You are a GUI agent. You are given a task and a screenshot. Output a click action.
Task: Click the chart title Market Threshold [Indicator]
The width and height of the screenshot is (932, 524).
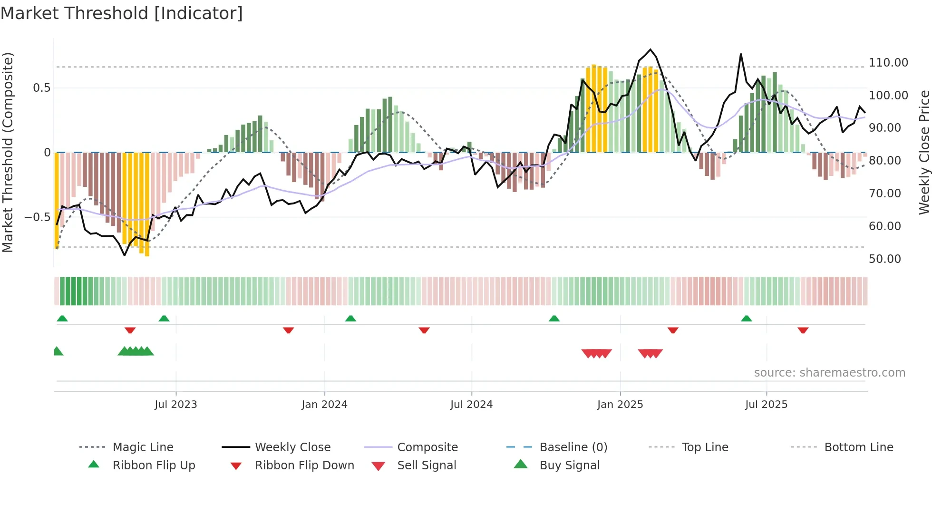(x=122, y=13)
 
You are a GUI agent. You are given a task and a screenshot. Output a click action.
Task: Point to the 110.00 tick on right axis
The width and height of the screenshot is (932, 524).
(x=888, y=63)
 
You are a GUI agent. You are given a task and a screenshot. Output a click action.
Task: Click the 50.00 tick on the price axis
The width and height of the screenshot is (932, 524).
(x=884, y=259)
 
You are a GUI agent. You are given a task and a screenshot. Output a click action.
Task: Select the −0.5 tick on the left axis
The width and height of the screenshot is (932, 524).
(x=37, y=217)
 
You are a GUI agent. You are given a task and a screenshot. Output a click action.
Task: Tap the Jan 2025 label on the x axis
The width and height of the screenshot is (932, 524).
(x=620, y=405)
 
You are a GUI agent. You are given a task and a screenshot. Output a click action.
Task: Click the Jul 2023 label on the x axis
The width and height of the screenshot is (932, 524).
(x=175, y=405)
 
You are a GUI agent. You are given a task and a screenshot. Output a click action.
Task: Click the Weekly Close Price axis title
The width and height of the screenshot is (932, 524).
(x=924, y=152)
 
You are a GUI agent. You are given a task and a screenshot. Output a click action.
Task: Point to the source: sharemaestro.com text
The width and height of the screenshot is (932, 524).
(x=829, y=373)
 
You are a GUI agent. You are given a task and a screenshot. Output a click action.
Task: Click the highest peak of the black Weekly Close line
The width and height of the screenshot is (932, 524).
(x=650, y=49)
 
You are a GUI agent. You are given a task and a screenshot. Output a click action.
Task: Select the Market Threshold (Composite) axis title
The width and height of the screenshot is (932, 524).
(x=8, y=152)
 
